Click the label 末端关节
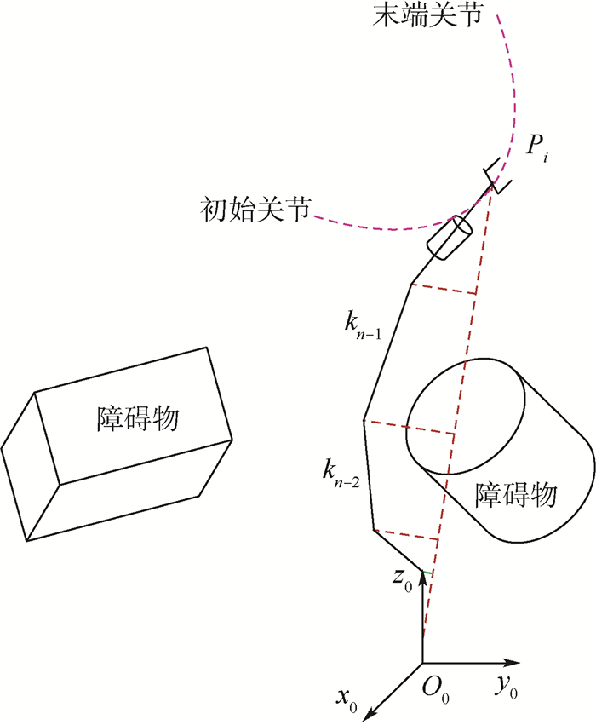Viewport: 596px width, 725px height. [x=427, y=14]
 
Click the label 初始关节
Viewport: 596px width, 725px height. [x=255, y=210]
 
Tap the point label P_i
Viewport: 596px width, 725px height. [x=537, y=149]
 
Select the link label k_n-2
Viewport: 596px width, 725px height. [x=341, y=474]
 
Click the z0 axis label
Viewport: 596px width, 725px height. [x=402, y=580]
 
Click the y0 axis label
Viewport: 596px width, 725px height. [x=507, y=687]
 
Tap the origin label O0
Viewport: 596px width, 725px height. [x=435, y=691]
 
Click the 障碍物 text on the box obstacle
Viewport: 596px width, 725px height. [x=138, y=419]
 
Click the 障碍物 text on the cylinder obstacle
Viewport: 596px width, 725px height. [x=516, y=495]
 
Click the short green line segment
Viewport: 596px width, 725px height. [x=427, y=573]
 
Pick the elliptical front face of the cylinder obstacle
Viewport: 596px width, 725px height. [x=465, y=416]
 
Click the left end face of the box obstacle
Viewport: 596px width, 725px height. [x=31, y=466]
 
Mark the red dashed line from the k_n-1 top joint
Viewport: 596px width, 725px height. [x=444, y=289]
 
